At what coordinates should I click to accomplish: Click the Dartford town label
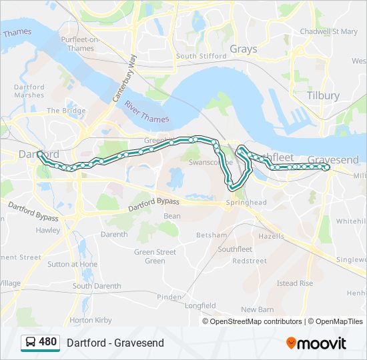tap(31, 154)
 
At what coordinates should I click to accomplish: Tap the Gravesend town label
tap(333, 160)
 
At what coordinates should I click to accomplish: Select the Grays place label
tap(243, 49)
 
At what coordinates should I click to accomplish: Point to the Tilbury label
tap(323, 95)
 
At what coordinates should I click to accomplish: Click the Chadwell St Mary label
tap(328, 31)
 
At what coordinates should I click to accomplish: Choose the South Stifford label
tap(201, 56)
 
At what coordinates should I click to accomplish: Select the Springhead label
tap(246, 202)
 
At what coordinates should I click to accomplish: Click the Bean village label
tap(171, 216)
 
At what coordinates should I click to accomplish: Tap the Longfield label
tap(200, 306)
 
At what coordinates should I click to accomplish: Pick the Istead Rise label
tap(294, 283)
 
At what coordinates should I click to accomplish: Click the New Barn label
tap(257, 309)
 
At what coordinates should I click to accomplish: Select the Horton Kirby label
tap(91, 320)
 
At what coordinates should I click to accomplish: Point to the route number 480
tap(48, 342)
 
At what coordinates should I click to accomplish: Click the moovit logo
tap(316, 343)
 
